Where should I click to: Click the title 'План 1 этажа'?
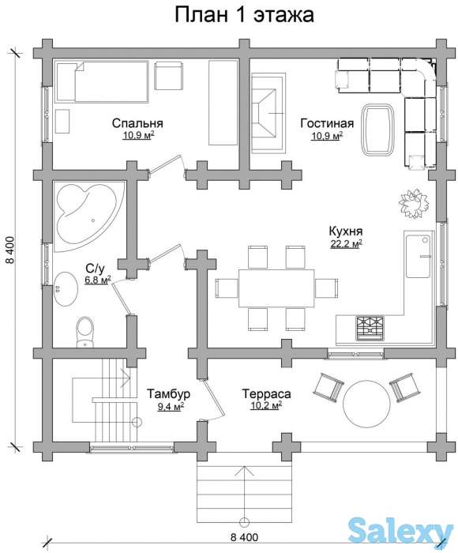point(244,16)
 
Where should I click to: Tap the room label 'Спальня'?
point(137,123)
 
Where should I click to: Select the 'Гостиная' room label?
point(327,123)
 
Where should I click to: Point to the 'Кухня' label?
point(346,231)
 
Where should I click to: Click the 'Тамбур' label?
point(168,393)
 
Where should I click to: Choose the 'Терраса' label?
point(267,393)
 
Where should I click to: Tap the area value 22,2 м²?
point(346,244)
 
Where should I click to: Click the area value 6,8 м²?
point(98,280)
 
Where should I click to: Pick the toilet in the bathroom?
point(85,332)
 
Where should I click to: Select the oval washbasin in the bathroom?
point(66,288)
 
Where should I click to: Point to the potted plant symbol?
point(414,204)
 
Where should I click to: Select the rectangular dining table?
point(276,288)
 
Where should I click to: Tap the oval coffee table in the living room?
point(378,129)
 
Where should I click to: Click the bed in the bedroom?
point(102,82)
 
